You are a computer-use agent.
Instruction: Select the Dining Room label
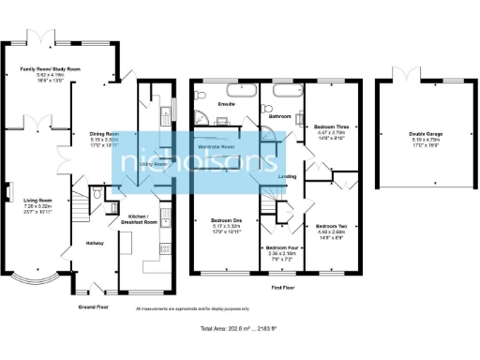103,134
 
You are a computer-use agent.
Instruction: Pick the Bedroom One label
225,221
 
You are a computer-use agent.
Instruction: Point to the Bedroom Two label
332,227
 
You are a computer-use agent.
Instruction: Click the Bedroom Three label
332,125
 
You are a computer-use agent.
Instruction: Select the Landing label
289,176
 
